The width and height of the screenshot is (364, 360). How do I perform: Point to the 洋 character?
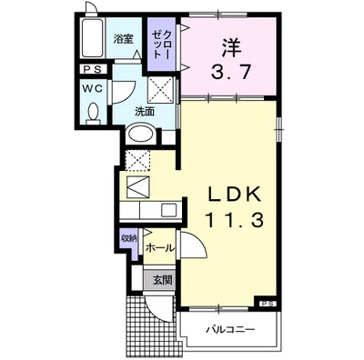[228, 46]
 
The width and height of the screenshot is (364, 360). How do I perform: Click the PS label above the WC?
[93, 70]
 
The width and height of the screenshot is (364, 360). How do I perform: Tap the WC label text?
[93, 89]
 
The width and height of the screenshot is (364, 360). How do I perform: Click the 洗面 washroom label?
[144, 111]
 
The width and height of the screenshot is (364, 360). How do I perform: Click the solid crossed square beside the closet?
[164, 88]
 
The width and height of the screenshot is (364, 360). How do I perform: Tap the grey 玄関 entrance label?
[161, 279]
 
